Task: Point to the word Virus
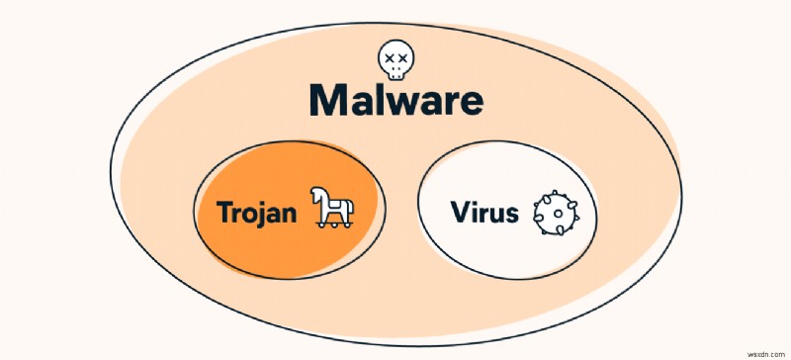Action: point(484,213)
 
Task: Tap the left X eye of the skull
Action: point(388,58)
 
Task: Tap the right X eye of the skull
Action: point(401,58)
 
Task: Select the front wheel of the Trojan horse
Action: point(323,226)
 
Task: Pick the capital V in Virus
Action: point(461,213)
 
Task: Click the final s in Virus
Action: point(511,215)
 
